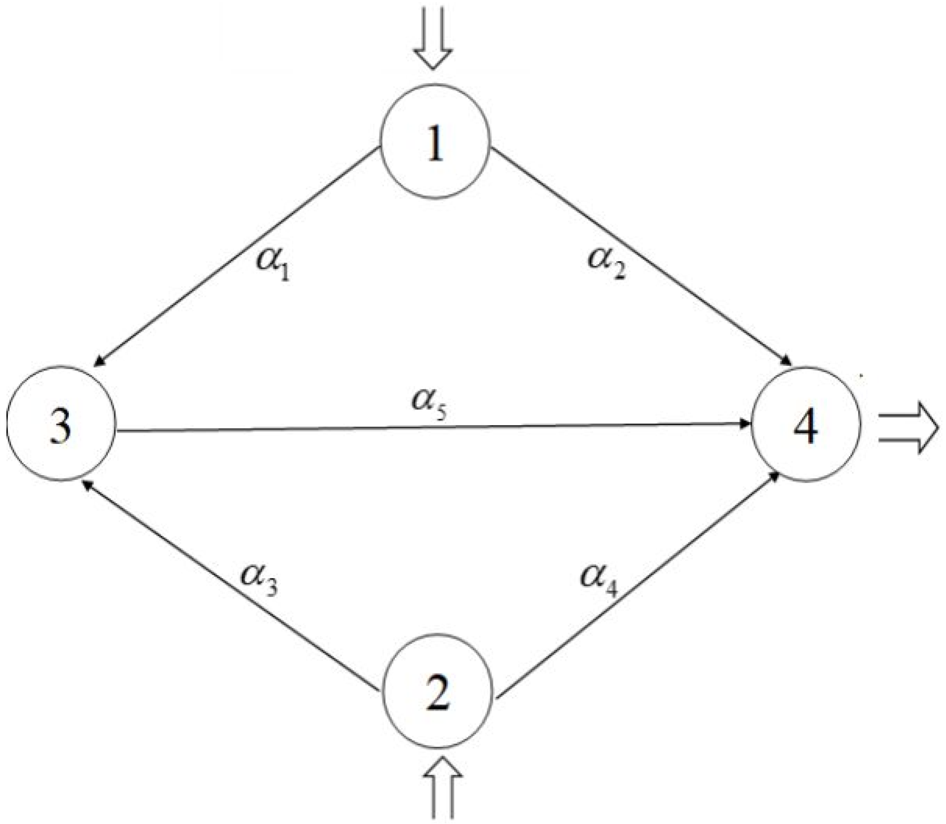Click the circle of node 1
pos(434,141)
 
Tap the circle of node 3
pos(60,423)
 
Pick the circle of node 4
pos(805,423)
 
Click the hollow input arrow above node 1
pos(433,37)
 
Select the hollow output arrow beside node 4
pos(908,428)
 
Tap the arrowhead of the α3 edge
pos(87,486)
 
